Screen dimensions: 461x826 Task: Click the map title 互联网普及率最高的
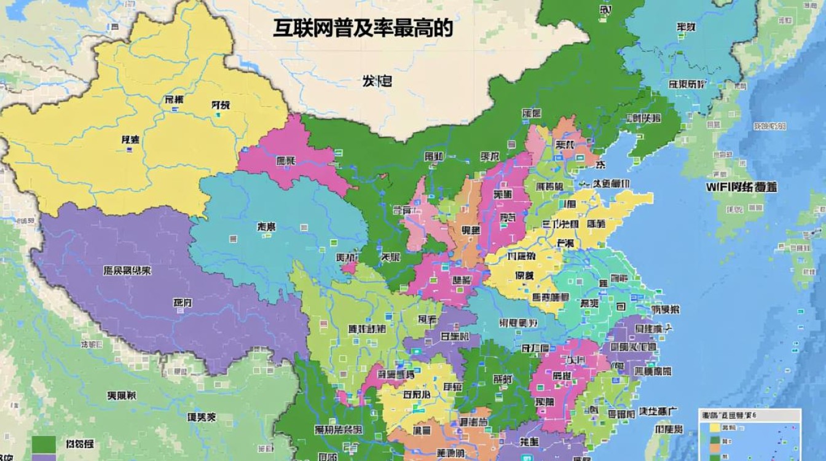click(x=363, y=28)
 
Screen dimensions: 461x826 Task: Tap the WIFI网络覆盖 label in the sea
click(x=741, y=187)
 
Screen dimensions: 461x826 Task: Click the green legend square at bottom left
click(x=44, y=444)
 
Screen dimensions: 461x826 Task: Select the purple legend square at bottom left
click(x=44, y=457)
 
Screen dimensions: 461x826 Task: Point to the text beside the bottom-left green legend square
click(x=79, y=444)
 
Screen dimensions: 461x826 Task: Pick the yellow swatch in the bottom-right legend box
click(x=715, y=427)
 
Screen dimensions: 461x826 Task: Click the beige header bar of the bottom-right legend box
click(x=750, y=415)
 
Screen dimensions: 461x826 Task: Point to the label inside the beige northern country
click(x=377, y=81)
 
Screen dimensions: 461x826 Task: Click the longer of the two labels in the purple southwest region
click(x=127, y=270)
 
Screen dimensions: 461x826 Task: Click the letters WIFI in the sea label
click(x=718, y=187)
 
